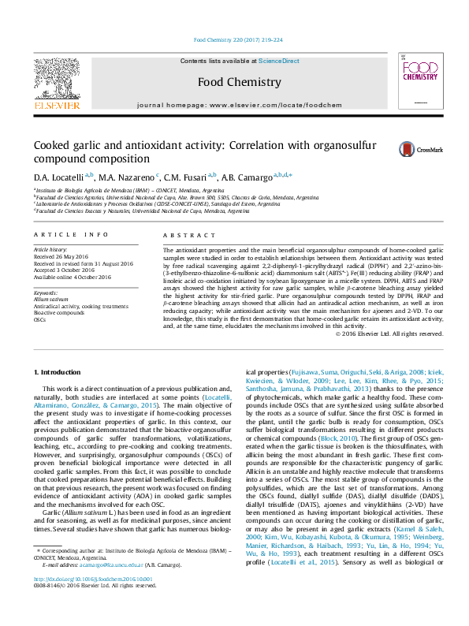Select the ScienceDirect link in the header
[x=279, y=61]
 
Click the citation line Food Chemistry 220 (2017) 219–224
[x=234, y=41]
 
